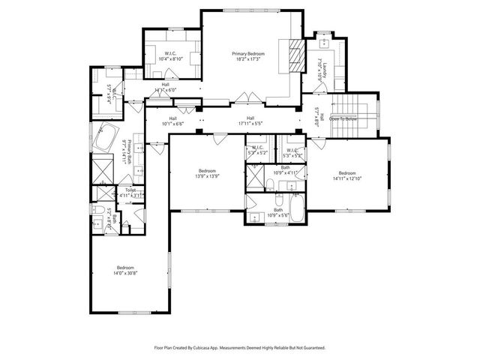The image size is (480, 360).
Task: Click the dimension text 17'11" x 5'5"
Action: click(x=251, y=124)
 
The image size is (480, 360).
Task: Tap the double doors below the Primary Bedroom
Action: click(x=245, y=97)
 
